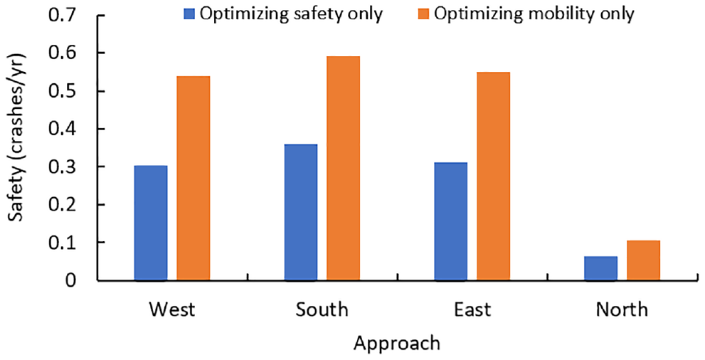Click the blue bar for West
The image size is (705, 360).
coord(151,223)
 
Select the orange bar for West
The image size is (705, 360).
coord(193,179)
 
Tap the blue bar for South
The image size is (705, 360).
coord(301,213)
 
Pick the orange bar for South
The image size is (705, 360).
coord(343,169)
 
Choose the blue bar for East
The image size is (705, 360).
coord(451,221)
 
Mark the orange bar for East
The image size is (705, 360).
coord(493,176)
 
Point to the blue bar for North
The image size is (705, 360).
coord(601,268)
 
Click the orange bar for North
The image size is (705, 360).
coord(643,260)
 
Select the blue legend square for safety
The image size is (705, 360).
coord(189,14)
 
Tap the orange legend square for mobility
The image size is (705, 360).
coord(424,14)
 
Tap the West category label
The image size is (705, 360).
coord(172,309)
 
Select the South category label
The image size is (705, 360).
coord(322,309)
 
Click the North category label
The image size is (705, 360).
coord(622,309)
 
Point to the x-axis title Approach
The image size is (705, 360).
coord(397,344)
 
